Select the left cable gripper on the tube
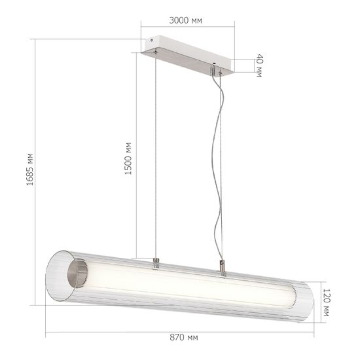coord(156,263)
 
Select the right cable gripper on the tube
coord(223,267)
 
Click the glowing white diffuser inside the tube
coord(190,285)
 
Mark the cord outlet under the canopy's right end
coord(215,71)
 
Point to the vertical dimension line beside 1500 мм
coord(136,157)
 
